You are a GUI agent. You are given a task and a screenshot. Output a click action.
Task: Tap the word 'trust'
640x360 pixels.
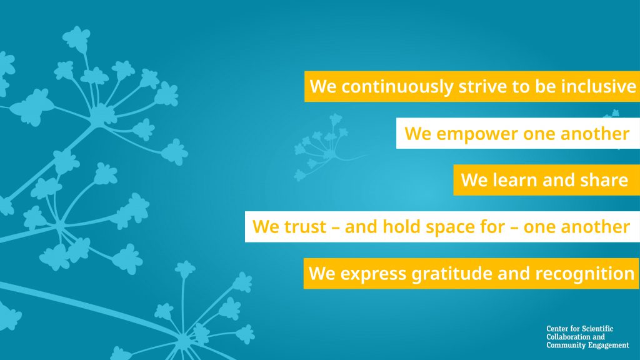[305, 227]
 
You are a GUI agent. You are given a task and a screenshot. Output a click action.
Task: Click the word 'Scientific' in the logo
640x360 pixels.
[597, 329]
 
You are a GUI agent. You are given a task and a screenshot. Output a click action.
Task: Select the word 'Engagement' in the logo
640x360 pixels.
[611, 345]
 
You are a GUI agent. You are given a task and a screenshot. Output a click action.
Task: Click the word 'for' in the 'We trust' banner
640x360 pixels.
[492, 226]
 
